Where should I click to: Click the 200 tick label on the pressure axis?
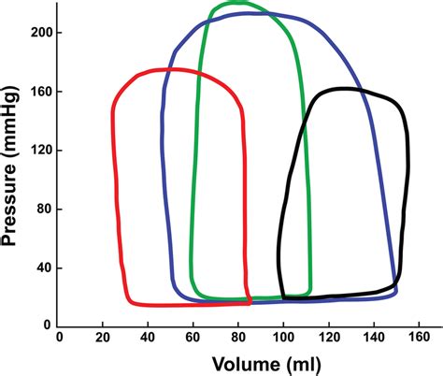[x=37, y=33]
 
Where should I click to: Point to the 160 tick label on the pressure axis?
[x=37, y=92]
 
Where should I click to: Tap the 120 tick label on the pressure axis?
[x=37, y=151]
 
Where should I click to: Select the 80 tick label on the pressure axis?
[x=40, y=210]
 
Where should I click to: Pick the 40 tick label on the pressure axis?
[x=40, y=268]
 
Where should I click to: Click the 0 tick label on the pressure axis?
[x=44, y=325]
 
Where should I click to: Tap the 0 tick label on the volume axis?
[x=59, y=336]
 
